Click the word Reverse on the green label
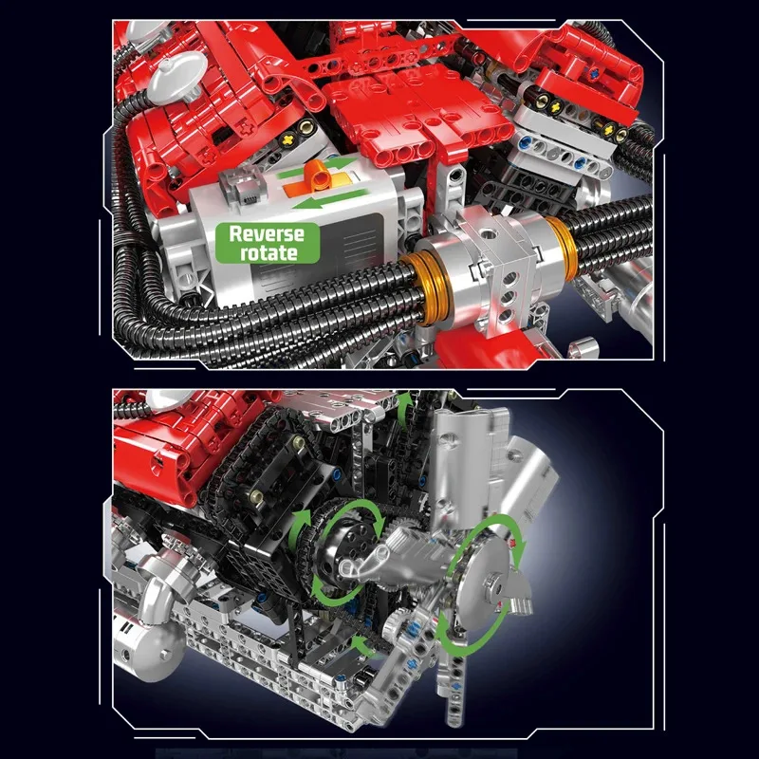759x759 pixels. pyautogui.click(x=267, y=234)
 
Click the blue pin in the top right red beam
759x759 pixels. pyautogui.click(x=592, y=72)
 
